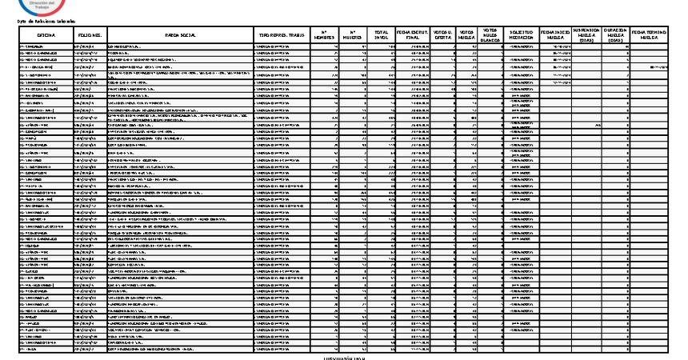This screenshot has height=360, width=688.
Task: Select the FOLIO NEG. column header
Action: [89, 36]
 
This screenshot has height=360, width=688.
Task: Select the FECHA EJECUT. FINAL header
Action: [409, 35]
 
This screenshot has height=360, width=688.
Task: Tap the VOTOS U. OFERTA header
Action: [439, 35]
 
